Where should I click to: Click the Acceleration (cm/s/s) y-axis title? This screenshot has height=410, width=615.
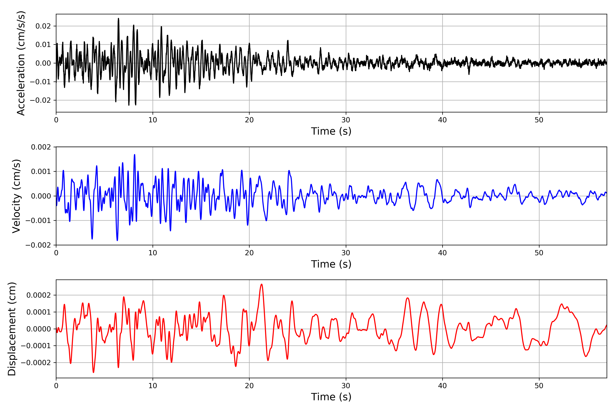pyautogui.click(x=21, y=63)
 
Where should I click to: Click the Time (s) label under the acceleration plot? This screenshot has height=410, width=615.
pyautogui.click(x=331, y=131)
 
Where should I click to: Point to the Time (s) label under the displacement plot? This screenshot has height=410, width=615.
pyautogui.click(x=331, y=397)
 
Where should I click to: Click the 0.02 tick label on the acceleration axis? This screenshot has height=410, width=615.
pyautogui.click(x=43, y=26)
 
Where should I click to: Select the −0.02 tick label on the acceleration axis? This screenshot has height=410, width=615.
pyautogui.click(x=40, y=100)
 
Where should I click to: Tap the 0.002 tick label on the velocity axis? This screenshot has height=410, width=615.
pyautogui.click(x=41, y=147)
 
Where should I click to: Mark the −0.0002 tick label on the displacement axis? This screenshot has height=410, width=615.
pyautogui.click(x=36, y=363)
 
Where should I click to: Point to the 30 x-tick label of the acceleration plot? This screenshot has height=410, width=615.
pyautogui.click(x=346, y=120)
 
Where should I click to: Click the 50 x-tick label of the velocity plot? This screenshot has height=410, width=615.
pyautogui.click(x=539, y=253)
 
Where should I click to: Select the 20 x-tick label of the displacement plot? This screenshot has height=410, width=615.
pyautogui.click(x=249, y=386)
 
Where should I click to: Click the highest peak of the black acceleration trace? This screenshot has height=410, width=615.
pyautogui.click(x=118, y=19)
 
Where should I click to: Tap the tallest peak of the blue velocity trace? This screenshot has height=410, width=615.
pyautogui.click(x=135, y=155)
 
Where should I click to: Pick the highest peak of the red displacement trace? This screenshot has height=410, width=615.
pyautogui.click(x=262, y=284)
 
